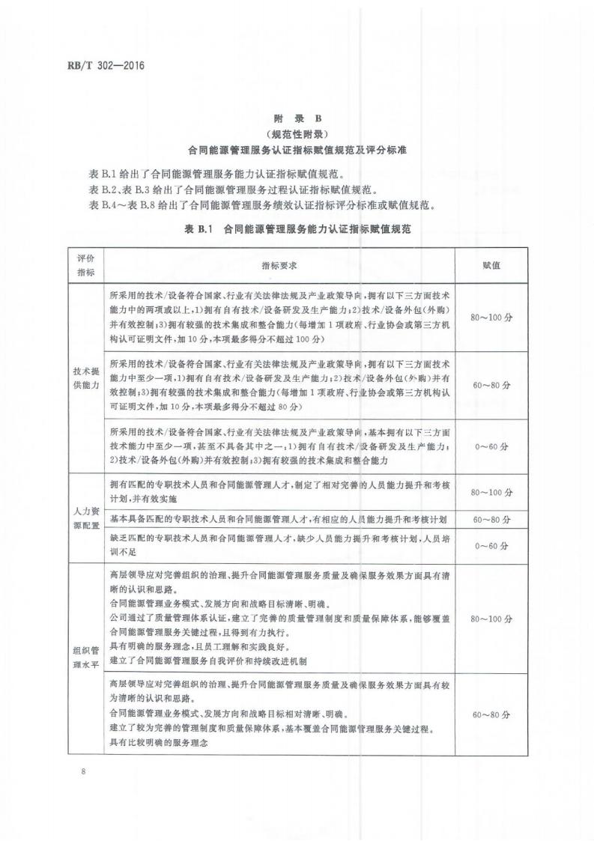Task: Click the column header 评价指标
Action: point(86,265)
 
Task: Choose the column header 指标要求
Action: point(279,265)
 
